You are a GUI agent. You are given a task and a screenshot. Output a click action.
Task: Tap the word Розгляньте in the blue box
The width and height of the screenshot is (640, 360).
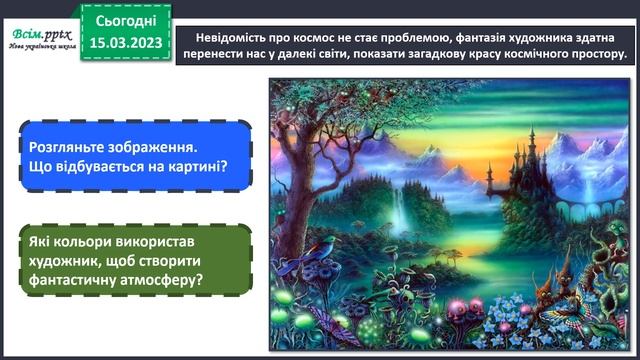tap(65, 146)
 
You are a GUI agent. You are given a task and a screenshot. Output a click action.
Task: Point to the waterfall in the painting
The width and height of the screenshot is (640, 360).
tap(400, 210)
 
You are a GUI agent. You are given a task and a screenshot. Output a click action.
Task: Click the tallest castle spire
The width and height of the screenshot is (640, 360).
tap(531, 130)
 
